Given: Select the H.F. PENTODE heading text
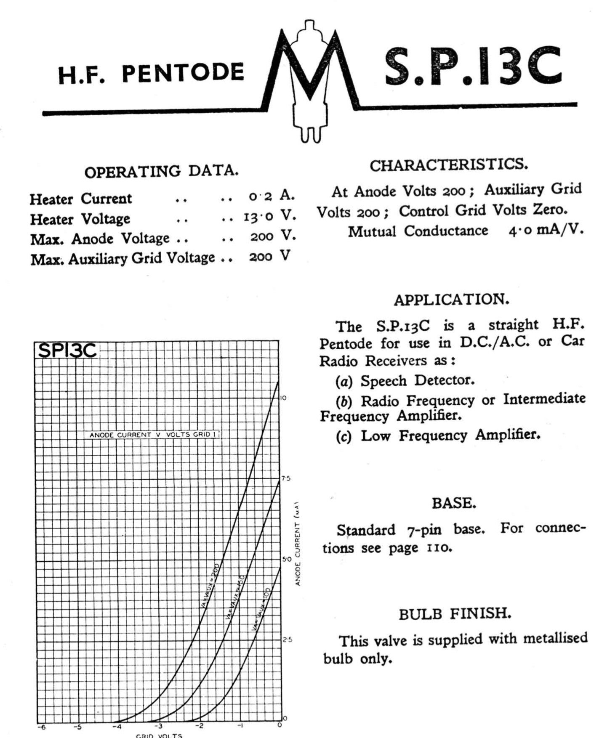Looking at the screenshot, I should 151,73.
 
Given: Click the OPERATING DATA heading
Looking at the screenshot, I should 161,171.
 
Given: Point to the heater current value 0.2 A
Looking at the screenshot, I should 271,196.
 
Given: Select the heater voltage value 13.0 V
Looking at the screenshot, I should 269,216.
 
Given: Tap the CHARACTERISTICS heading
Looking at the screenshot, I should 448,165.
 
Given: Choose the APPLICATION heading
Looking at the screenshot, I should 451,300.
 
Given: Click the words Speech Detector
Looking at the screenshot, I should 417,380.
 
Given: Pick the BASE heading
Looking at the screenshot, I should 454,503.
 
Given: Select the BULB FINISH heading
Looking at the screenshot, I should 455,614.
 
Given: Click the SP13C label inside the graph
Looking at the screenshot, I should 67,350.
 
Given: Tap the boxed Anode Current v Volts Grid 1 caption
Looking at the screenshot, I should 154,434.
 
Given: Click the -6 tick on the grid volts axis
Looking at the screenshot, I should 41,725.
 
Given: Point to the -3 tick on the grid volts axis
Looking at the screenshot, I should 158,725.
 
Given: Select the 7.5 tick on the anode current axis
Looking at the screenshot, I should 286,478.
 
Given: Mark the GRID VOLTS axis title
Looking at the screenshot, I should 159,735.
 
